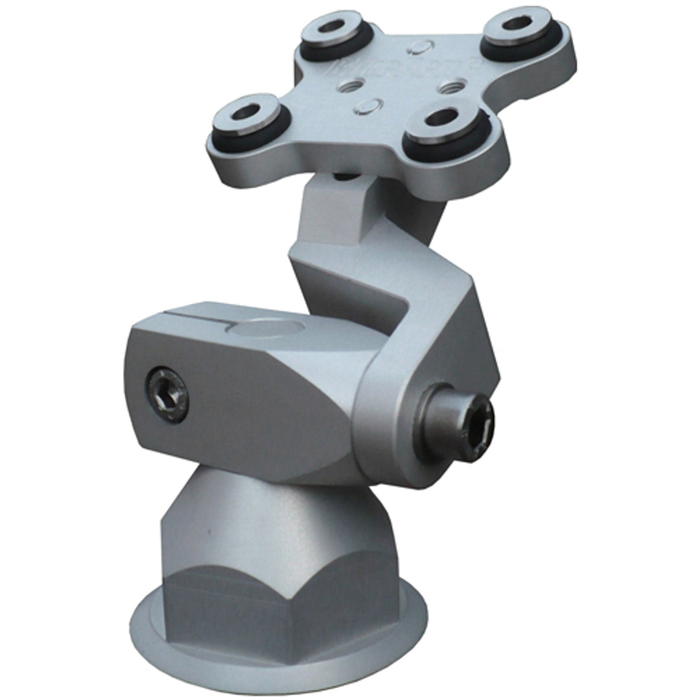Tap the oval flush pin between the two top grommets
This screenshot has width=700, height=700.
click(x=422, y=46)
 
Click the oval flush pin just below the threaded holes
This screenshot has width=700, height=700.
click(x=373, y=104)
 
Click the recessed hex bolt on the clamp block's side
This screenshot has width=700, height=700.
click(x=167, y=393)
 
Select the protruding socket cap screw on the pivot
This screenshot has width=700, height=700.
click(x=457, y=422)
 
